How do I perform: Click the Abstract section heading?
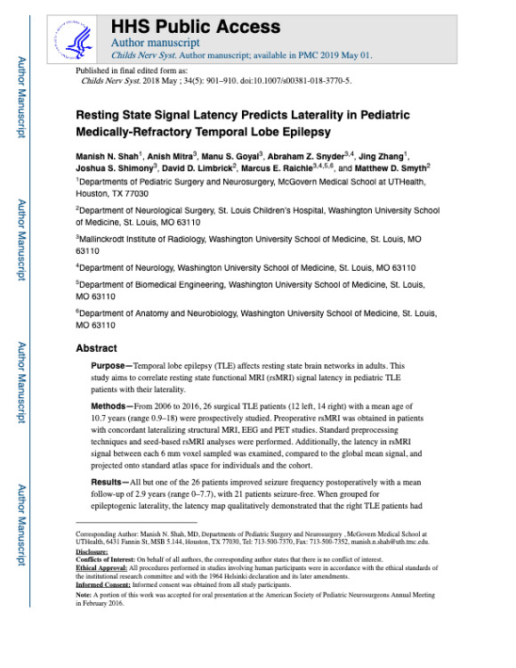click(96, 349)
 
